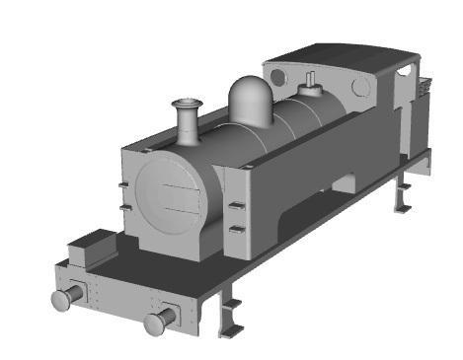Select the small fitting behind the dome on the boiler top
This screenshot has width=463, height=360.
(x=313, y=84)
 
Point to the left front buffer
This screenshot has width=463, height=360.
(x=64, y=299)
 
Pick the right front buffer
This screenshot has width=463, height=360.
(x=159, y=322)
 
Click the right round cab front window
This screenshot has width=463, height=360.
(x=361, y=88)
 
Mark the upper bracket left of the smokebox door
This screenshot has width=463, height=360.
(x=122, y=185)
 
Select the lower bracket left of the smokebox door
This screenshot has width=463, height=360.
(x=123, y=209)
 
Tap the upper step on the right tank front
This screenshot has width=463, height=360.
(x=237, y=205)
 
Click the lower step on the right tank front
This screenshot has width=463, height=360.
(x=237, y=229)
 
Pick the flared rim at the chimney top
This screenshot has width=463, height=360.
(x=186, y=102)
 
